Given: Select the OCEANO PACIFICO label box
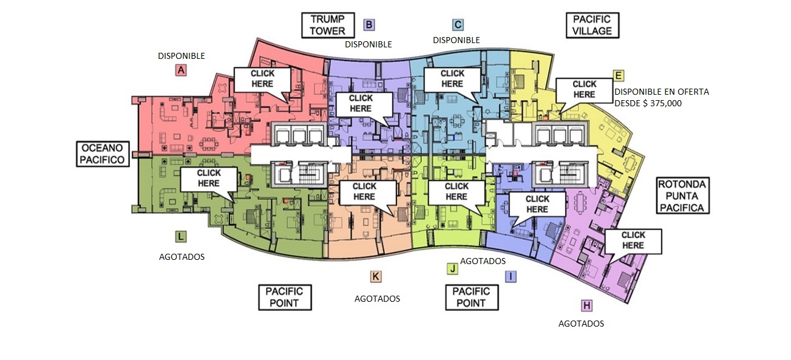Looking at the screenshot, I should coord(104,154).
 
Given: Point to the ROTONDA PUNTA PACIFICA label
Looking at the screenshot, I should coord(684,195).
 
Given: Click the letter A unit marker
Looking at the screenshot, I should coord(180,70).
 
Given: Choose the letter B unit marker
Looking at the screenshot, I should coord(368,25).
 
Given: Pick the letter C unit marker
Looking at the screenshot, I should coord(458,25).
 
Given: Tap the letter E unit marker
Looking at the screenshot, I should coord(619,75).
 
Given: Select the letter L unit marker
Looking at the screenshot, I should coord(181,236).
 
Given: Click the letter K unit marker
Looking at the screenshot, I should coord(376,277).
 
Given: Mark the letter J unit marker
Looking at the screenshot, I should coord(452,268).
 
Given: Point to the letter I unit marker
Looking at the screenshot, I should coord(512,276).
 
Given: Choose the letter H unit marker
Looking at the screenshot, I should coord(586,305).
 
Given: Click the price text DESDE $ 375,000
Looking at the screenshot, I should coord(648,104).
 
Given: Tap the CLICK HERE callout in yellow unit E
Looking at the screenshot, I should coord(584,89).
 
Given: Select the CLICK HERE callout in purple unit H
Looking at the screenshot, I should coord(633,240).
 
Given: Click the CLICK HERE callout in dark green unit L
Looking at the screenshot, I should coord(209,178).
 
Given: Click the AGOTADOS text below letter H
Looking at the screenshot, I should coord(581,324).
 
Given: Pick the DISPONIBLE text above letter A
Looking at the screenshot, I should coord(182,56).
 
